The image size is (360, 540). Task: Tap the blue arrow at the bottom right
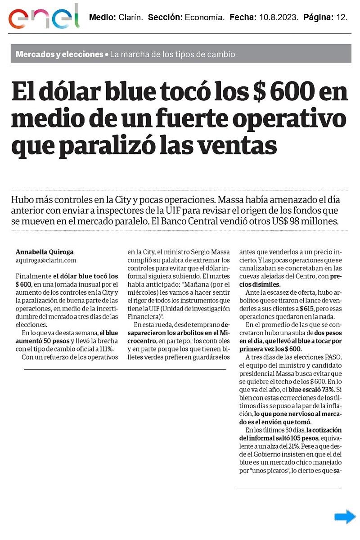click(345, 517)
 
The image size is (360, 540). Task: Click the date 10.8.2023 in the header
click(278, 18)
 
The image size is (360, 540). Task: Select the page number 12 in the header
click(342, 18)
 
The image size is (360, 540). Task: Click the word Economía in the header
click(204, 18)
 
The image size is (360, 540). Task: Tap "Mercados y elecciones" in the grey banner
click(59, 54)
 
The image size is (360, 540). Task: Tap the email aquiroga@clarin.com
click(45, 260)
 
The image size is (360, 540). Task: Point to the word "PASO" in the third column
click(330, 357)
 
